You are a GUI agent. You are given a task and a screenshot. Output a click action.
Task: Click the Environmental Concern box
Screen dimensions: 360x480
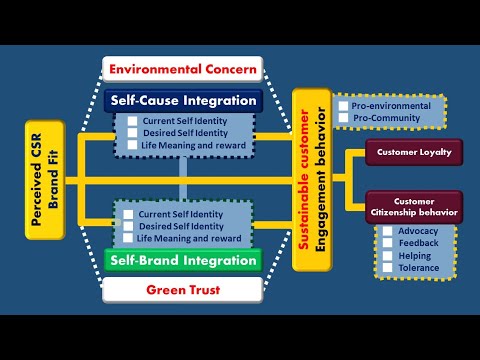pyautogui.click(x=183, y=70)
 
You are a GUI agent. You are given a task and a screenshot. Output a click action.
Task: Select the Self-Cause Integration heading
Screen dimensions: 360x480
pyautogui.click(x=183, y=100)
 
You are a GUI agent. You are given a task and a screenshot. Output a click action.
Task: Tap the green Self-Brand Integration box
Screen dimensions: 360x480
pyautogui.click(x=183, y=261)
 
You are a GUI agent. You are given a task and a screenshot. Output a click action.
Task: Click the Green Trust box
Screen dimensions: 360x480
pyautogui.click(x=183, y=290)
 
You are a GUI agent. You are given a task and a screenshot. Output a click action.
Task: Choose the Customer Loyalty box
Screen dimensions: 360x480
pyautogui.click(x=414, y=153)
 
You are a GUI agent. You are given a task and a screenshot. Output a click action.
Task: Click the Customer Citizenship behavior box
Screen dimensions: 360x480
pyautogui.click(x=414, y=207)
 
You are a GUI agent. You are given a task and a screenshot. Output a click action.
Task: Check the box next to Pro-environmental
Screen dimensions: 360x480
pyautogui.click(x=343, y=106)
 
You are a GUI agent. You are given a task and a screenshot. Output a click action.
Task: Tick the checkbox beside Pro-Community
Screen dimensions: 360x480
pyautogui.click(x=343, y=119)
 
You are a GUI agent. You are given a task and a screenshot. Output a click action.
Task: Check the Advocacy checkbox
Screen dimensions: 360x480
pyautogui.click(x=388, y=231)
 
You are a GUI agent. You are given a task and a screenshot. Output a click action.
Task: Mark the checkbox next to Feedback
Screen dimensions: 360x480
pyautogui.click(x=388, y=243)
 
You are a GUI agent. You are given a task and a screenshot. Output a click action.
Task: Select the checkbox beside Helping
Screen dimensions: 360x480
pyautogui.click(x=388, y=256)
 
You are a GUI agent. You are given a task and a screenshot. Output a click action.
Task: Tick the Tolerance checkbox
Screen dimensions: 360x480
pyautogui.click(x=388, y=268)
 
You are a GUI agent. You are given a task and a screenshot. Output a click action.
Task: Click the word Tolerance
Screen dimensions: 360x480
pyautogui.click(x=419, y=268)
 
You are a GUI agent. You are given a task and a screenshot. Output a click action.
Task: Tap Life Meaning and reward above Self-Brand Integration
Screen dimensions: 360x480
pyautogui.click(x=189, y=239)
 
